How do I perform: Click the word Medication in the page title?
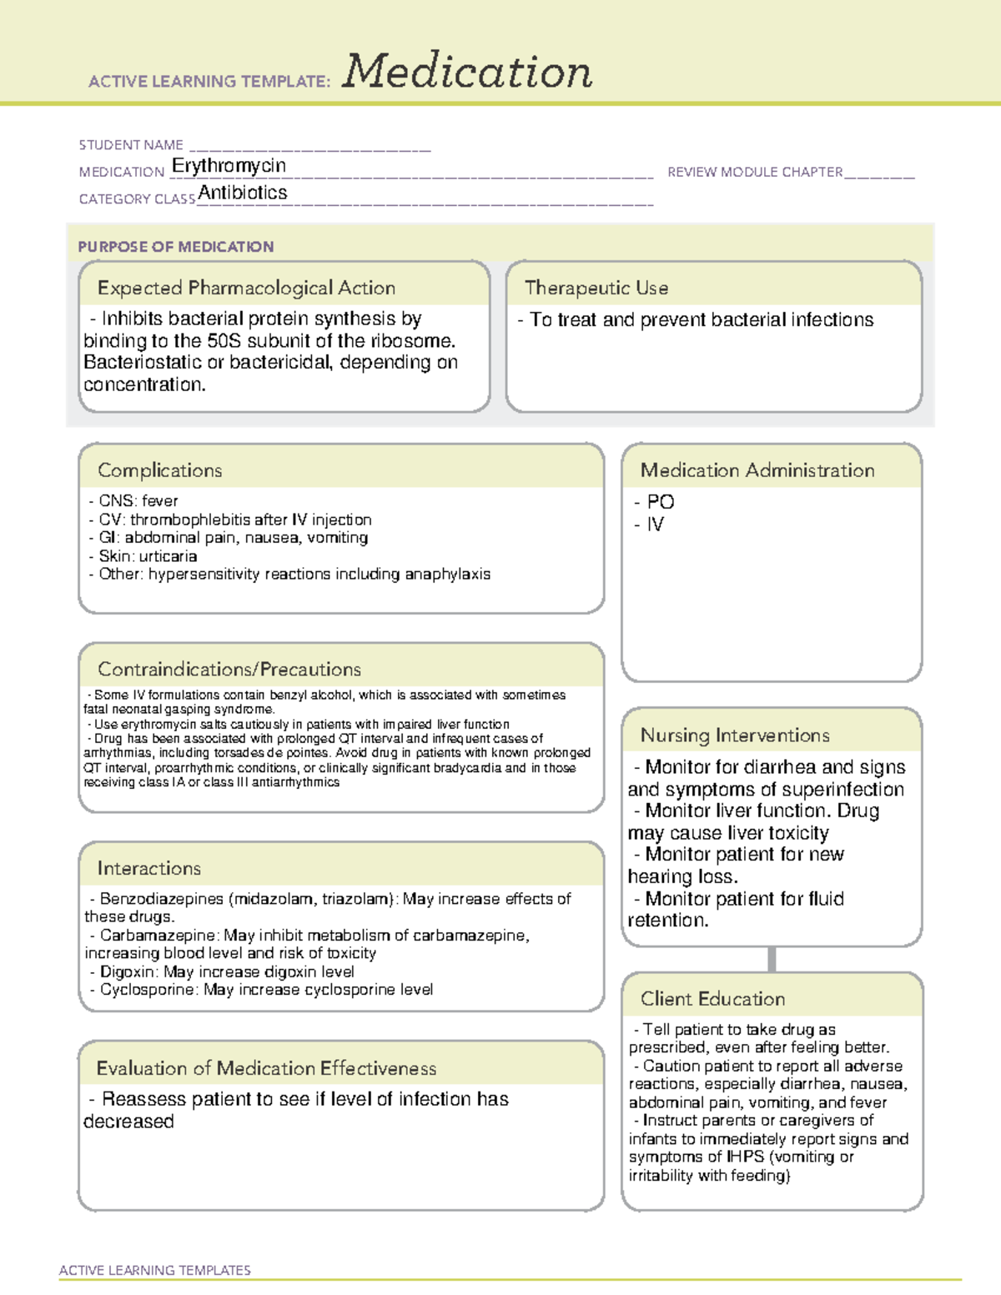coord(467,72)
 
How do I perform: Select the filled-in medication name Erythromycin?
coord(229,166)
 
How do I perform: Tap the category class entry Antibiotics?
coord(243,193)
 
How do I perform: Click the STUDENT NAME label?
coord(131,145)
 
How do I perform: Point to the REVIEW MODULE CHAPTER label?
coord(755,172)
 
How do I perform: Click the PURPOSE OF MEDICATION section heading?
coord(176,247)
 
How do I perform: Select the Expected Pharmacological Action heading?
coord(246,288)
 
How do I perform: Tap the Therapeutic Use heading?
coord(596,288)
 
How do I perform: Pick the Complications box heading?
coord(160,470)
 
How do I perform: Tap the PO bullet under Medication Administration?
coord(660,502)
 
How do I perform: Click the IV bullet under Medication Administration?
coord(656,525)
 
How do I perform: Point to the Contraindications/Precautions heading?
coord(229,670)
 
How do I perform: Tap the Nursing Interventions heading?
coord(735,735)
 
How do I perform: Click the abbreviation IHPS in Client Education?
coord(745,1157)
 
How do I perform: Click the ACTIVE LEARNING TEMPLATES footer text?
coord(155,1270)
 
